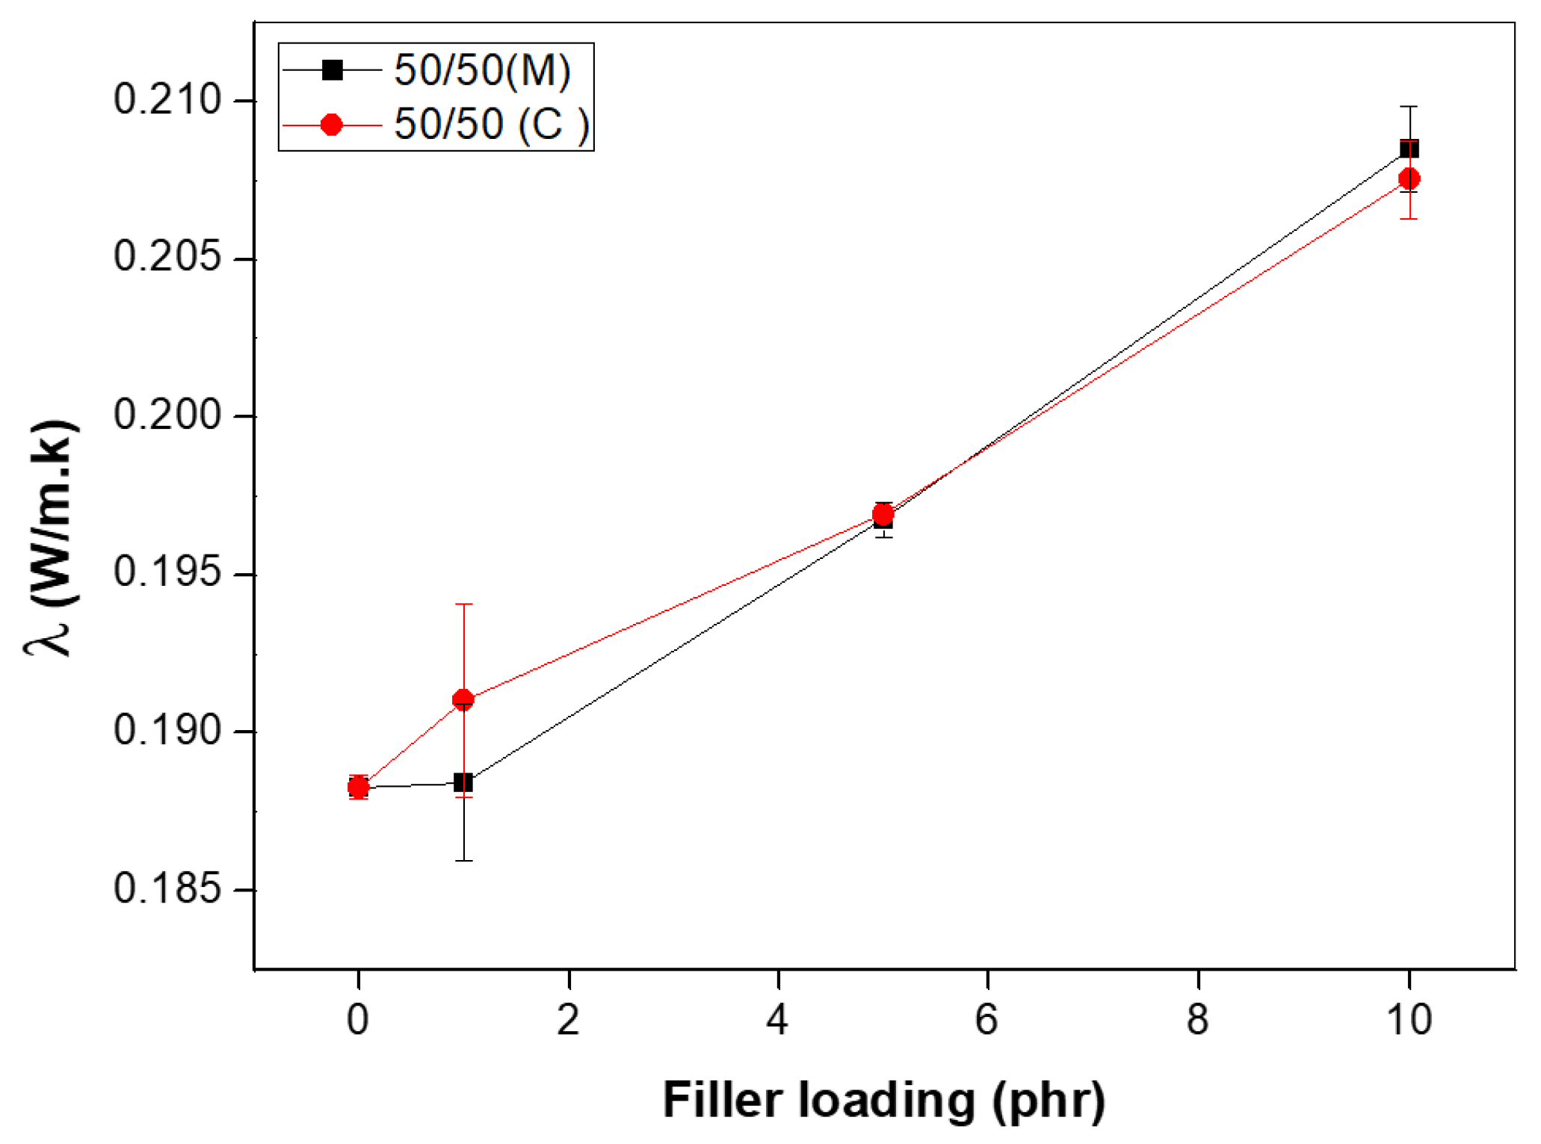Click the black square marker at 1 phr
[x=463, y=782]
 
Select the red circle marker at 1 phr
[x=463, y=700]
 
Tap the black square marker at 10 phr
[x=1409, y=149]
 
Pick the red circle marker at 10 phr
[x=1409, y=179]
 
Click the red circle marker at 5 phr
[x=883, y=515]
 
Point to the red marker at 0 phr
[x=359, y=787]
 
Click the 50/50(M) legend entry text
[x=482, y=70]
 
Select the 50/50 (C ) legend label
[x=492, y=123]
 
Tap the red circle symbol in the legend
[x=331, y=125]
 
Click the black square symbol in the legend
[x=332, y=70]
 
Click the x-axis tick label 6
[x=986, y=1020]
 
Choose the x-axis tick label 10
[x=1409, y=1020]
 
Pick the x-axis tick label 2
[x=568, y=1020]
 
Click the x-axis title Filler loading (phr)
[x=883, y=1100]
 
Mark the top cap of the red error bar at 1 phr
[x=463, y=604]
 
